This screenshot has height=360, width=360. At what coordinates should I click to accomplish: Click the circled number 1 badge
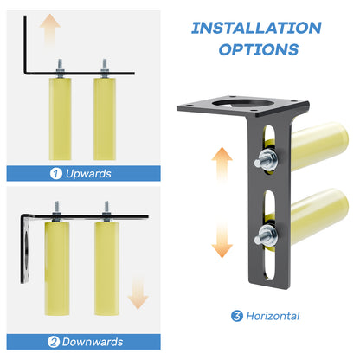[x=56, y=173]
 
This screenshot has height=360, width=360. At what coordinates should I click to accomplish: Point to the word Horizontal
[x=273, y=316]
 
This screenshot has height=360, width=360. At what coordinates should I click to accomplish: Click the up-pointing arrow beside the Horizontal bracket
[x=222, y=164]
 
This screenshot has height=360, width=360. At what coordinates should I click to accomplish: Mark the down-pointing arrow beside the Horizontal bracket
[x=222, y=241]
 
